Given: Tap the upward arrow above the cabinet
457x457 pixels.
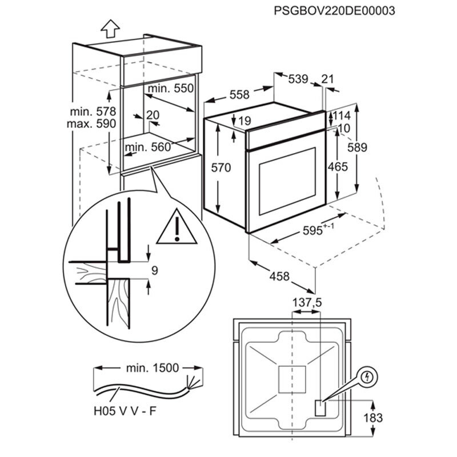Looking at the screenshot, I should [109, 27].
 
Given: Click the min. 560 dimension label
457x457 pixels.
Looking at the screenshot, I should [148, 147].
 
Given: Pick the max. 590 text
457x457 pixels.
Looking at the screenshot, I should [93, 123].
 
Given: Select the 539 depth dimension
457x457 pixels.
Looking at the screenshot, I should [298, 79].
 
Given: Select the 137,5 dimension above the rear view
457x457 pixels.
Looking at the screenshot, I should [307, 303].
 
